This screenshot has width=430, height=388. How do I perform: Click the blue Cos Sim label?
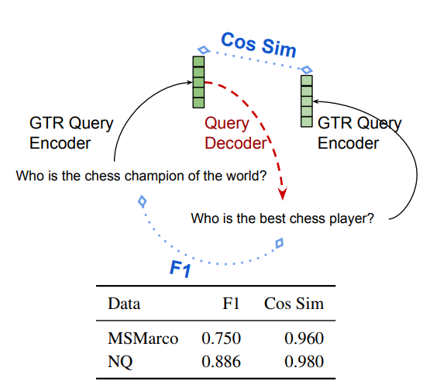tap(259, 45)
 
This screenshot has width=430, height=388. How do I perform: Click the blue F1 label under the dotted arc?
tap(180, 269)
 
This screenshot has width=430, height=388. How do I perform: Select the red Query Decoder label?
tap(236, 133)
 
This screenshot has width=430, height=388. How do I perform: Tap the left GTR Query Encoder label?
tap(71, 133)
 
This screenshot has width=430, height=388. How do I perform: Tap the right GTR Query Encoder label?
tap(359, 133)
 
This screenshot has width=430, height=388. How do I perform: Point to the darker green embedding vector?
tap(198, 82)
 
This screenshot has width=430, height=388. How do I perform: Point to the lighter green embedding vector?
tap(307, 101)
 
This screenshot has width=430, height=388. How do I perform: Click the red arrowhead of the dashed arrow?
tap(282, 194)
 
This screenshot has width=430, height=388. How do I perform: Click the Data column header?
tap(124, 304)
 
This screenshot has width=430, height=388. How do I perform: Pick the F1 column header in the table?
tap(231, 304)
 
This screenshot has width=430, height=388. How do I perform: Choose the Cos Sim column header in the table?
tap(294, 304)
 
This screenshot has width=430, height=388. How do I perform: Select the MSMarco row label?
tap(143, 338)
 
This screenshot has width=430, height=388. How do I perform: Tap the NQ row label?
tap(120, 362)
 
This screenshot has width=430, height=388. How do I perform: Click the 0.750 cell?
tap(221, 338)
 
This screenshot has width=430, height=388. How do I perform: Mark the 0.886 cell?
tap(221, 362)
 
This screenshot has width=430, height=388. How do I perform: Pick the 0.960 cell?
tap(304, 338)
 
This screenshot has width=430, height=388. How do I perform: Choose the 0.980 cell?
tap(304, 362)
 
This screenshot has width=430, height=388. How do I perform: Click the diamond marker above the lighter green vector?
tap(307, 70)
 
